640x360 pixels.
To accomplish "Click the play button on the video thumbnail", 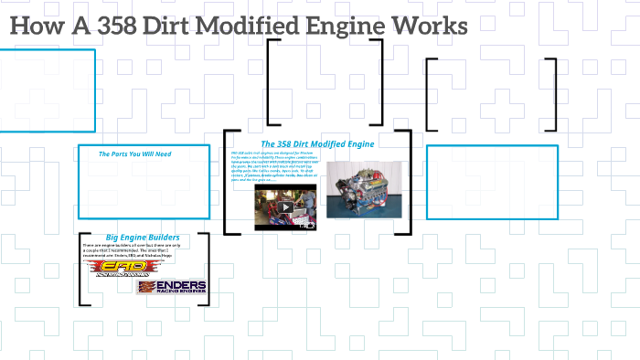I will pyautogui.click(x=285, y=206).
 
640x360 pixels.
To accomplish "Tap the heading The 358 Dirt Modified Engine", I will pyautogui.click(x=317, y=143).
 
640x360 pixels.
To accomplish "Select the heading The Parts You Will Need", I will pyautogui.click(x=134, y=154).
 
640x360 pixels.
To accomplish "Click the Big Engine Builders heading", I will pyautogui.click(x=143, y=238).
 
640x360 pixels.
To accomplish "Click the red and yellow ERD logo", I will pyautogui.click(x=115, y=269).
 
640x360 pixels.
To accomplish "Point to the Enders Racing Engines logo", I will pyautogui.click(x=172, y=287).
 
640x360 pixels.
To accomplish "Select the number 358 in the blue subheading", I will pyautogui.click(x=288, y=143).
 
